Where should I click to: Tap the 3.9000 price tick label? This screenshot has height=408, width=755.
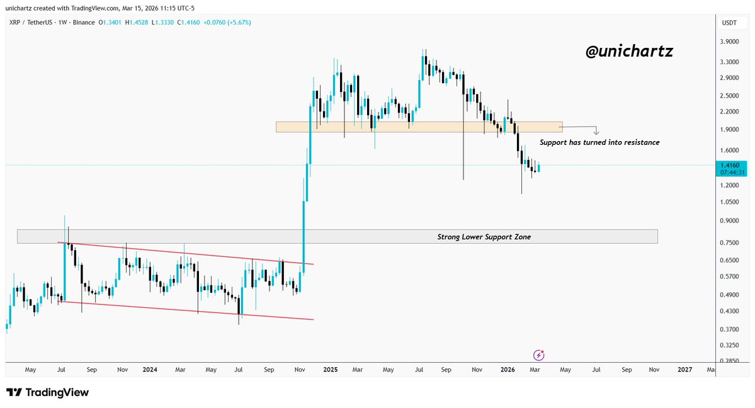(x=729, y=42)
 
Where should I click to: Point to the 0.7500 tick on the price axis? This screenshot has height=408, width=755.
(x=729, y=243)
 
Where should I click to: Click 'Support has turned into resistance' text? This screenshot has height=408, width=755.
(x=599, y=143)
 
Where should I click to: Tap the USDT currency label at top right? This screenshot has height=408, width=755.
(x=729, y=23)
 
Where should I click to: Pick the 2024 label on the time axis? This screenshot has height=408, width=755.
(x=149, y=370)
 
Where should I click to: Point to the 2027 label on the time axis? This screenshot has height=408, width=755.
(x=684, y=370)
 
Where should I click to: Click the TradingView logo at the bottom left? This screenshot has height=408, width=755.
(x=48, y=392)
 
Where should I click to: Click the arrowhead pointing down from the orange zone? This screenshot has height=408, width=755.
(x=596, y=133)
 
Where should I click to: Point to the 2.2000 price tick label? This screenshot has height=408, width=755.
(x=729, y=111)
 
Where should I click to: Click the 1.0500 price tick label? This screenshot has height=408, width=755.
(x=729, y=203)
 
